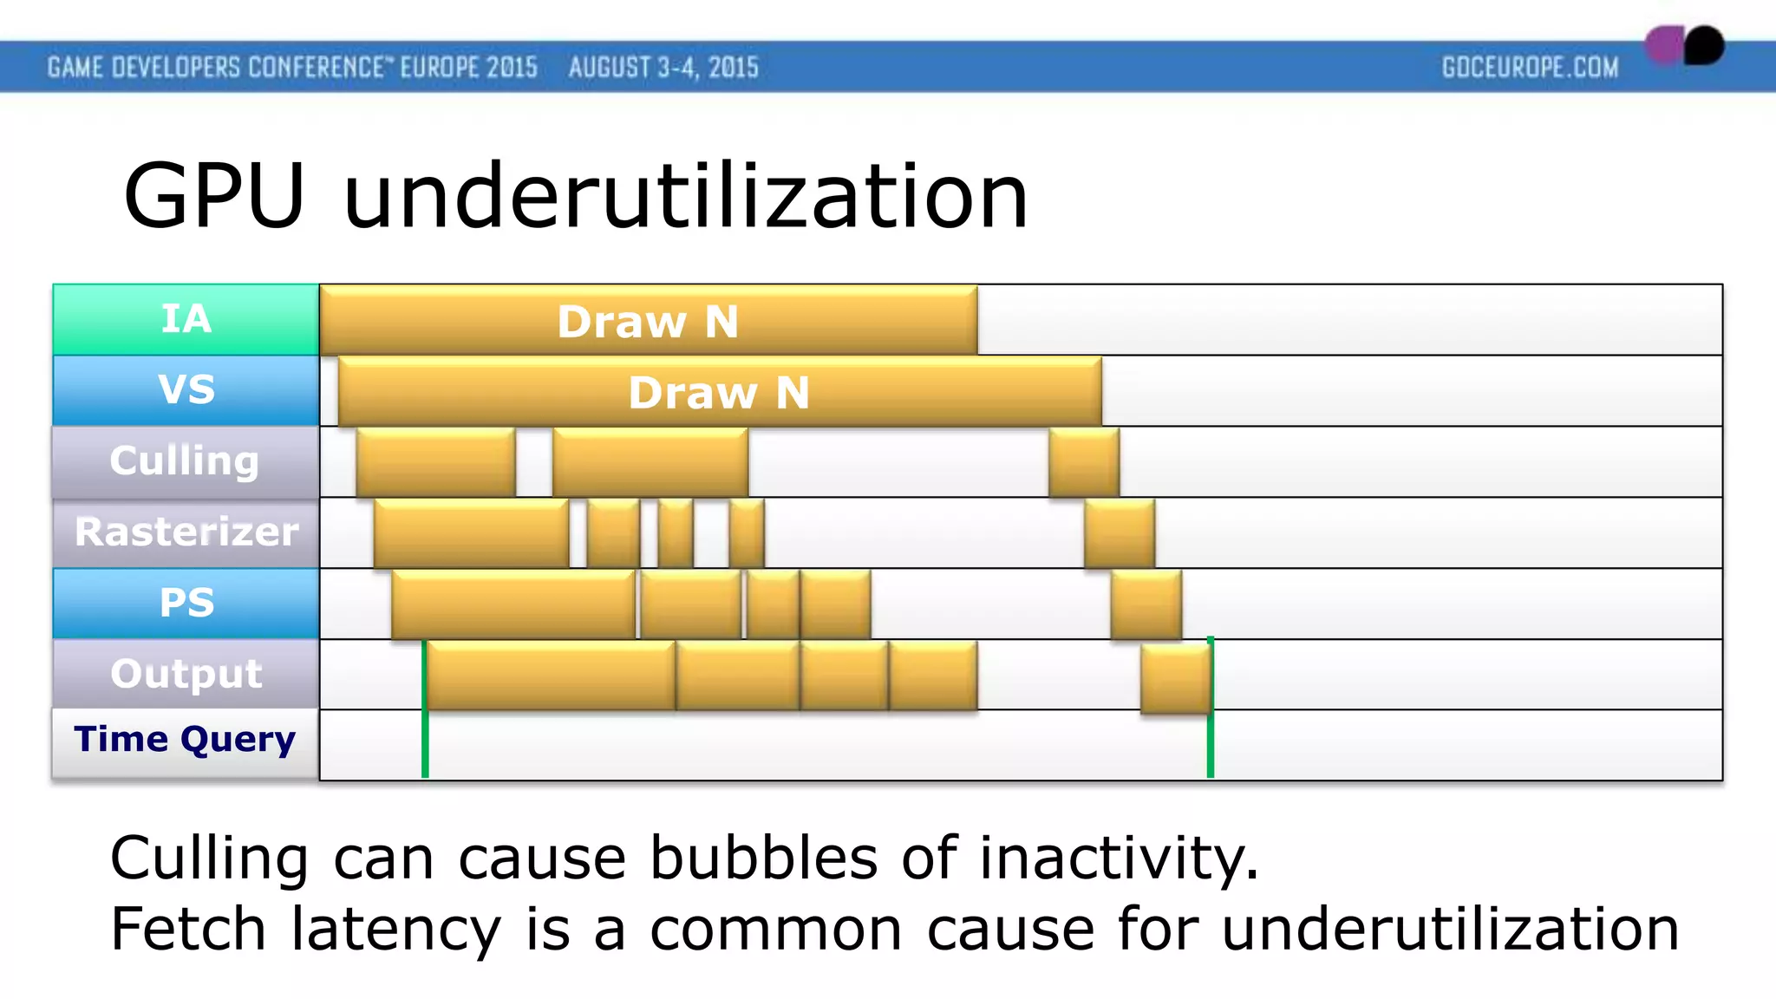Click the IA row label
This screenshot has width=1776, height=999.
(186, 319)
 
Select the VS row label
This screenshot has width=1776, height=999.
(186, 390)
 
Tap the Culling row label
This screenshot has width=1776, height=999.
(185, 461)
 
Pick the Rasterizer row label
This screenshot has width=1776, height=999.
(186, 532)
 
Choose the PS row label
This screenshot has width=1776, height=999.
(186, 604)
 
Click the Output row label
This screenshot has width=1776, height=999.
(186, 674)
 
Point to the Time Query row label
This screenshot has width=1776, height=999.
(185, 740)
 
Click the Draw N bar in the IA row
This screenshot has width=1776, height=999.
(648, 321)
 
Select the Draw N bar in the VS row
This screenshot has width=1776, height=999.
(719, 392)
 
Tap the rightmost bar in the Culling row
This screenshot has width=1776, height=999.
(1083, 462)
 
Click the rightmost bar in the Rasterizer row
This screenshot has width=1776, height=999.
(1119, 533)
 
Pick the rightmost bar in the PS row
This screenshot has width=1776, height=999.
(1146, 604)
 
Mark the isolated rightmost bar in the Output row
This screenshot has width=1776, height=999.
(1175, 676)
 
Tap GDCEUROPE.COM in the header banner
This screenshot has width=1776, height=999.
(1530, 68)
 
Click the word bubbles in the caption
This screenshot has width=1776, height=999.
(764, 859)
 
